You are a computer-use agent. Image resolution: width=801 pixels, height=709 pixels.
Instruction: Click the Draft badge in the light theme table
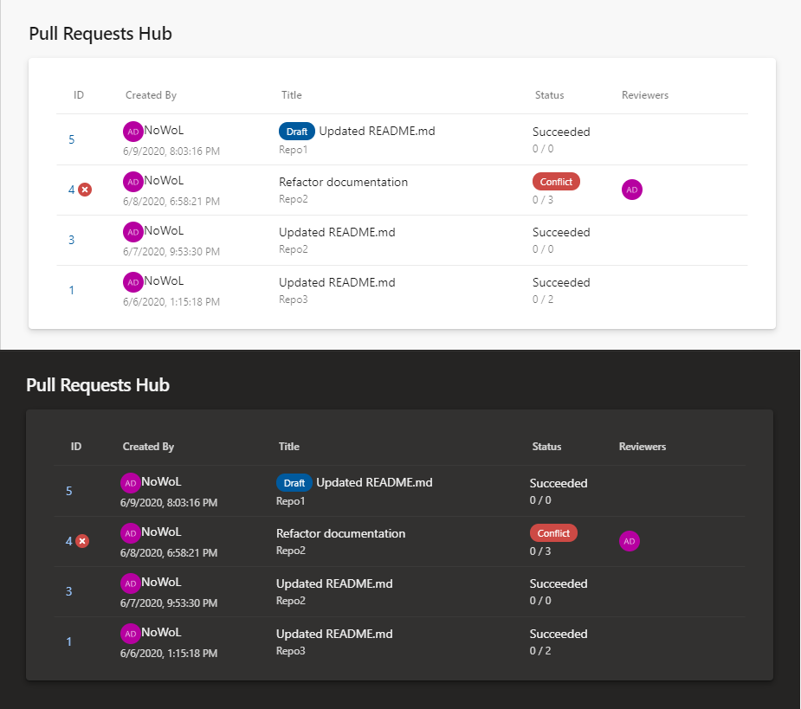[x=296, y=132]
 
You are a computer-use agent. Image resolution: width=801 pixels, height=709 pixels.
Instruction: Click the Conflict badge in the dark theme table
[x=553, y=533]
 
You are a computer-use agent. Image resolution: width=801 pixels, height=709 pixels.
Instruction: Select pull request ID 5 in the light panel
[x=72, y=139]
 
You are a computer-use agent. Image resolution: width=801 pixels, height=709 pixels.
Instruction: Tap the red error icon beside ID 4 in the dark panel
[x=82, y=541]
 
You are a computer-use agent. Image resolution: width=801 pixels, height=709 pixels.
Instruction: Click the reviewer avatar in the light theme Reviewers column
[x=632, y=190]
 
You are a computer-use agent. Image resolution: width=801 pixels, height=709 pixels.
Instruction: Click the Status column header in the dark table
[x=546, y=447]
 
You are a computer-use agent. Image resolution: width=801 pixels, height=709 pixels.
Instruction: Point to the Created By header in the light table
[x=151, y=95]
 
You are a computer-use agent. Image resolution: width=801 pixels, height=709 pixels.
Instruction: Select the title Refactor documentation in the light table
[x=343, y=182]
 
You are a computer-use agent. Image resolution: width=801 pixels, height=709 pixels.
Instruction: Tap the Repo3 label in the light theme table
[x=293, y=300]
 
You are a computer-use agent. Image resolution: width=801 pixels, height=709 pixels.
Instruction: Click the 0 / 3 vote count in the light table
[x=543, y=199]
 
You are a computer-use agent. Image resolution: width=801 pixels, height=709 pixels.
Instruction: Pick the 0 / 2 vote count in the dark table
[x=540, y=651]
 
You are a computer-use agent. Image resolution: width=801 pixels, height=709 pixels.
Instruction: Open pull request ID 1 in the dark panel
[x=69, y=641]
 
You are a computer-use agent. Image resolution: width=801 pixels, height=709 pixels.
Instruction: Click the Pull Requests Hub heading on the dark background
[x=98, y=385]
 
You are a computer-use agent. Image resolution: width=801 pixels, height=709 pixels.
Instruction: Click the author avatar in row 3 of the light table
[x=132, y=231]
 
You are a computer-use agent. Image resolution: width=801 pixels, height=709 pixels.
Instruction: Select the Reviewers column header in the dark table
[x=642, y=447]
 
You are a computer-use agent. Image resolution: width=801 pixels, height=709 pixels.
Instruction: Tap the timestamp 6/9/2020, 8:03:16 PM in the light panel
[x=171, y=151]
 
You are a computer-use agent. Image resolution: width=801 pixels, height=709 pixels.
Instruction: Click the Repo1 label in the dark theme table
[x=290, y=500]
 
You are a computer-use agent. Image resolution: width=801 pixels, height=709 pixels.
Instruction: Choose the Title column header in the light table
[x=291, y=95]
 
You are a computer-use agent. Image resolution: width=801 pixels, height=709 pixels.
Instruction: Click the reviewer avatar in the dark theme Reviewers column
[x=630, y=541]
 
